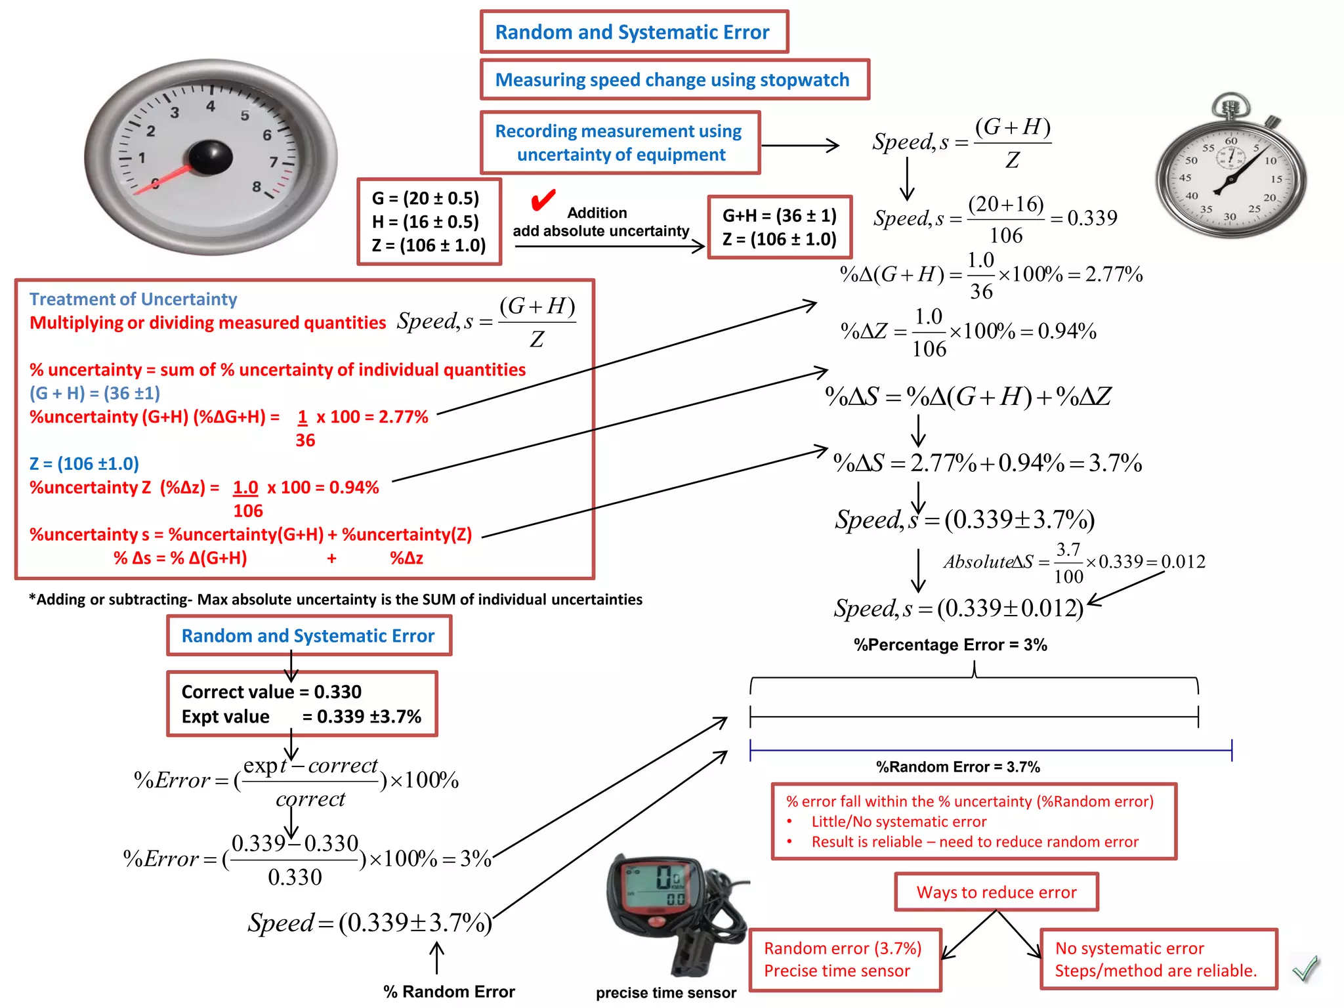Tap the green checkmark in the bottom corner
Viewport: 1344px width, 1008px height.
(1305, 968)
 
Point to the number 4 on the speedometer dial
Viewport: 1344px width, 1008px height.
(210, 106)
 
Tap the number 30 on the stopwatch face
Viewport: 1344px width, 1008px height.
(1229, 217)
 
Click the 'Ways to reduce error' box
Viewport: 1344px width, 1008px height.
(996, 892)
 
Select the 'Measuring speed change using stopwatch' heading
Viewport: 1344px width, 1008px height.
(672, 80)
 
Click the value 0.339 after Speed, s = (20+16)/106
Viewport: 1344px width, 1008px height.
(1092, 218)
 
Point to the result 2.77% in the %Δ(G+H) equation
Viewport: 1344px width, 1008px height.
(1114, 274)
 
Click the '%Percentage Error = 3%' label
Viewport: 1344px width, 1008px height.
(950, 644)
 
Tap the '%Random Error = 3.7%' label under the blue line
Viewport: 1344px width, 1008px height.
(957, 766)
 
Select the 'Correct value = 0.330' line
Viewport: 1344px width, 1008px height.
(271, 692)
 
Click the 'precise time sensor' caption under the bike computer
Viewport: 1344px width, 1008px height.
(665, 992)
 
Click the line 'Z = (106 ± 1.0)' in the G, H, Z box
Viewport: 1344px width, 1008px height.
(429, 245)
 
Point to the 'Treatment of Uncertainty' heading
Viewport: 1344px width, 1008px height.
(133, 299)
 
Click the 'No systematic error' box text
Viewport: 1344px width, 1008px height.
(1129, 948)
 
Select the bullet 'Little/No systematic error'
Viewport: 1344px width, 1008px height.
(898, 822)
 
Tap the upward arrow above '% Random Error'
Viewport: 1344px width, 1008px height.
(436, 958)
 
